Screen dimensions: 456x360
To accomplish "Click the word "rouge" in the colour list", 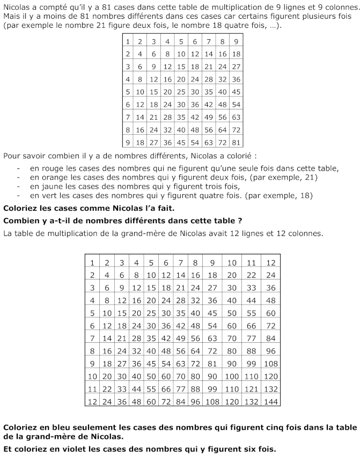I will click(x=51, y=168).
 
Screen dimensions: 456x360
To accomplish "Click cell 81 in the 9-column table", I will click(x=236, y=142).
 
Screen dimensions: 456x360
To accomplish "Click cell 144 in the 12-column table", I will click(x=270, y=401).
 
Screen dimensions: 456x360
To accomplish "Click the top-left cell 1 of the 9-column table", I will click(x=128, y=41).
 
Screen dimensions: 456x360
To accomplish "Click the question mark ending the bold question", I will click(x=240, y=220).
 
